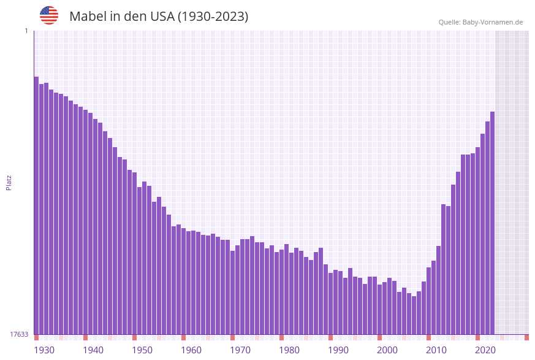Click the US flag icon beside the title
point(49,15)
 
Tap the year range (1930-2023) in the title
point(213,17)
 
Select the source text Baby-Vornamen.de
point(493,22)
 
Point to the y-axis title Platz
point(9,182)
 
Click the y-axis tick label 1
point(26,31)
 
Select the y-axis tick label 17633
point(20,334)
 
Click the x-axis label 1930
point(44,350)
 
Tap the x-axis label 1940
point(93,350)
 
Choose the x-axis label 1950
point(142,350)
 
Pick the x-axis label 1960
point(191,350)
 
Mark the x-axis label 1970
point(240,350)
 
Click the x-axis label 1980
point(289,350)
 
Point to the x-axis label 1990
point(338,350)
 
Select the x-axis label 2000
point(387,350)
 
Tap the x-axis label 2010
point(436,350)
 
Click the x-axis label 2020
point(485,350)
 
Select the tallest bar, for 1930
point(36,205)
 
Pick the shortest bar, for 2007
point(414,315)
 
